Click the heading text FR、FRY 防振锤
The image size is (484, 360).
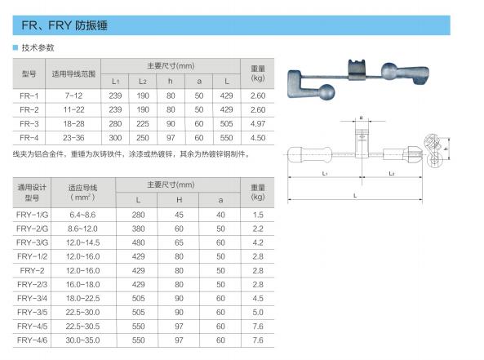click(x=64, y=25)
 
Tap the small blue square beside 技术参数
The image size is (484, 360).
click(x=16, y=47)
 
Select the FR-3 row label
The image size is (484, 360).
click(x=29, y=124)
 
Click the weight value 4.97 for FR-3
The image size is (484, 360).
click(x=258, y=124)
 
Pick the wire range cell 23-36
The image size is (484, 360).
click(x=73, y=138)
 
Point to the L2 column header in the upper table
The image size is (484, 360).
click(x=143, y=81)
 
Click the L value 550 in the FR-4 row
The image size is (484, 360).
click(x=226, y=138)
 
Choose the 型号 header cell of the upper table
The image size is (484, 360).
click(x=29, y=73)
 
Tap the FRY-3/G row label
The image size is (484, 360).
click(x=32, y=242)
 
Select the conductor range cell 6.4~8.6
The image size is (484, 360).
click(x=82, y=215)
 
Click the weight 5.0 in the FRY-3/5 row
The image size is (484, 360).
click(x=258, y=313)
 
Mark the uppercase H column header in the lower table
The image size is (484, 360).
click(x=179, y=200)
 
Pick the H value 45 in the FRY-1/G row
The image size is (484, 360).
click(x=179, y=215)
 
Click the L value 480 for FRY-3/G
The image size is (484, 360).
click(x=138, y=242)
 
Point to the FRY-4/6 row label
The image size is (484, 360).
click(x=32, y=340)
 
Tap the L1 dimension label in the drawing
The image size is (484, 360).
click(x=324, y=174)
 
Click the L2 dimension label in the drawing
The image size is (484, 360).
click(x=392, y=174)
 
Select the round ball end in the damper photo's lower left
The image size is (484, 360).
click(x=326, y=91)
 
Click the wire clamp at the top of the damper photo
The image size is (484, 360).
click(x=357, y=69)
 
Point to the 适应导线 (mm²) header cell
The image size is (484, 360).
click(x=82, y=193)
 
